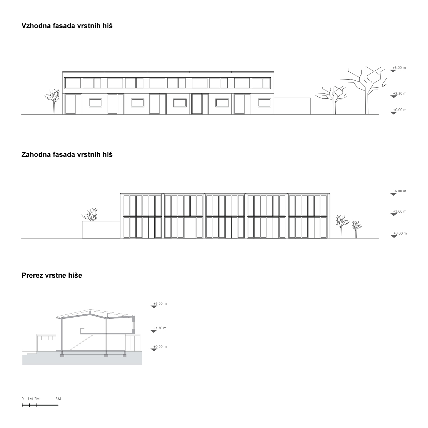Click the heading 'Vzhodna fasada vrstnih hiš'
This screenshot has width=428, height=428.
pos(67,26)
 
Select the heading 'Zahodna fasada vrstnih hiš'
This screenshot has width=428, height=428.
pos(67,155)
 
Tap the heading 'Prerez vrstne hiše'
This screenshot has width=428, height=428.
pos(52,276)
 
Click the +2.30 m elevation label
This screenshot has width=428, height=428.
pos(399,93)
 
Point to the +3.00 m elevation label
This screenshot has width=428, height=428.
pos(399,211)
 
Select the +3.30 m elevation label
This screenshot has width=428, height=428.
pos(160,328)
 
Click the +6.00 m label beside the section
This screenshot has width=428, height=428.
pos(160,304)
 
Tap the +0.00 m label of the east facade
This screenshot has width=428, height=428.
pos(399,110)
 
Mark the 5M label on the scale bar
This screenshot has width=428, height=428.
pos(58,399)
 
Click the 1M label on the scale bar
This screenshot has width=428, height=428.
pos(30,399)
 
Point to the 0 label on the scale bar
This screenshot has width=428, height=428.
pos(23,399)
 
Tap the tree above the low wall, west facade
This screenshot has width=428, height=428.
pos(90,215)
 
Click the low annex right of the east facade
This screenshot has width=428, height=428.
pos(292,106)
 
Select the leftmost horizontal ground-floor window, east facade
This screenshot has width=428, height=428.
pos(95,103)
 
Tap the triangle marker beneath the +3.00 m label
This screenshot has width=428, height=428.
pos(393,215)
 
